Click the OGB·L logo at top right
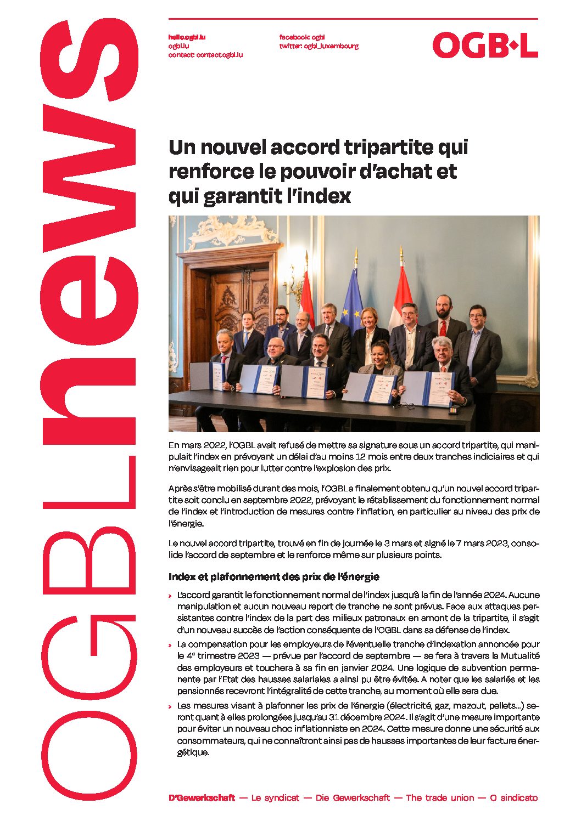(485, 45)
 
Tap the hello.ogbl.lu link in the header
(187, 37)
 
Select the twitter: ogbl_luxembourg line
(319, 46)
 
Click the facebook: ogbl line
(302, 37)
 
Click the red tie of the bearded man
(443, 329)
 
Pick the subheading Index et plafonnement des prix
(273, 577)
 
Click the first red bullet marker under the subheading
(171, 596)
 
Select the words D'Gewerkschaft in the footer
(202, 798)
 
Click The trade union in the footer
(439, 798)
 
